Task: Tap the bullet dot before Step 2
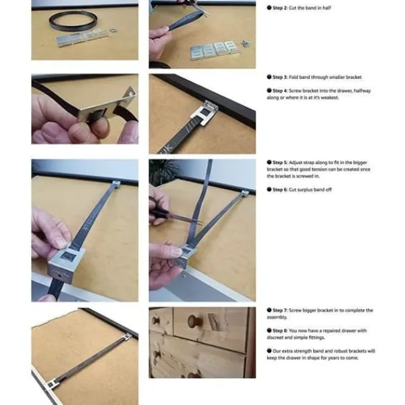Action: tap(269, 7)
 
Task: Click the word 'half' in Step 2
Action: tap(327, 7)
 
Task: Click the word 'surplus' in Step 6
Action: tap(305, 190)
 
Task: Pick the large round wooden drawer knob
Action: tap(195, 321)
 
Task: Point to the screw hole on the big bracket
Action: tap(61, 276)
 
